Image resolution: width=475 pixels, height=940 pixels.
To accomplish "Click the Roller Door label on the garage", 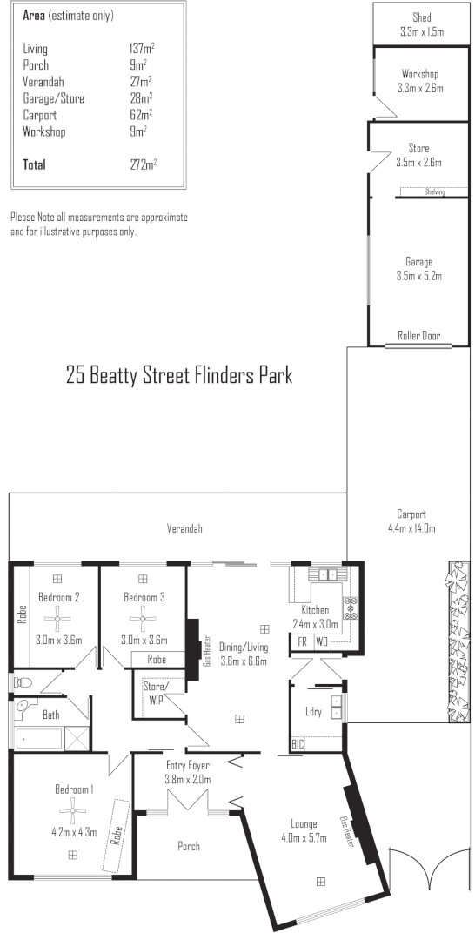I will [x=418, y=335].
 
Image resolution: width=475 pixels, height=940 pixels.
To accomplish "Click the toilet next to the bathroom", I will [x=22, y=683].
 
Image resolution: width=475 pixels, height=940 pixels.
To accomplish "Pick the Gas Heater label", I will [x=207, y=650].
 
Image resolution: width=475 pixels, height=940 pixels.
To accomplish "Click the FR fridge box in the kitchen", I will [x=302, y=641].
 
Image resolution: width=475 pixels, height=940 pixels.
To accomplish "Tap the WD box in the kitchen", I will [x=321, y=641].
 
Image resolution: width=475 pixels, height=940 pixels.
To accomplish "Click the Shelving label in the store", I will [x=433, y=192].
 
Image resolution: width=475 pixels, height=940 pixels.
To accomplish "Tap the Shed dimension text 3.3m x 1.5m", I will [x=421, y=31].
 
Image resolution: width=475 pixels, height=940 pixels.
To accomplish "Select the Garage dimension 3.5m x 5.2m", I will [x=418, y=277].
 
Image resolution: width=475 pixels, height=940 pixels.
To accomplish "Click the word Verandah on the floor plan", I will [x=184, y=528].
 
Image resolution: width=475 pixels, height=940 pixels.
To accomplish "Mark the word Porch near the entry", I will [x=188, y=845].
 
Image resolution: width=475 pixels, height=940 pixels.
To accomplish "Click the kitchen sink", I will [x=328, y=574].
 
